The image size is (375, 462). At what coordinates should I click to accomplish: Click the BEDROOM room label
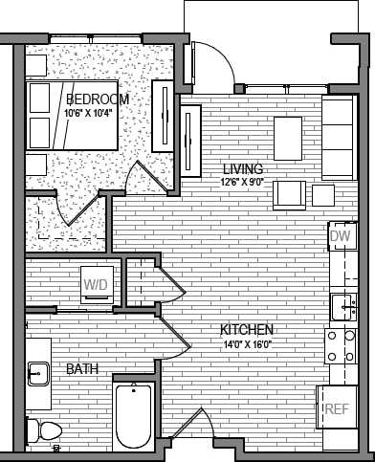point(99,99)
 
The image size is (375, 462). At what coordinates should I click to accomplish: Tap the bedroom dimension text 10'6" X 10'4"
point(89,113)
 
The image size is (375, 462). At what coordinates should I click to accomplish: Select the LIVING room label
point(243,168)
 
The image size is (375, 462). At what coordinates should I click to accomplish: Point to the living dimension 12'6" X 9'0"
point(244,182)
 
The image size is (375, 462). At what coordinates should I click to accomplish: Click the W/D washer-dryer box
point(96,284)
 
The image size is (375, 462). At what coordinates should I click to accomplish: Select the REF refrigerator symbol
point(336,409)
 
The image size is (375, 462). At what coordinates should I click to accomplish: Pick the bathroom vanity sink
point(38,372)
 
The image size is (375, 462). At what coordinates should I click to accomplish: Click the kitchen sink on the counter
point(343,306)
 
